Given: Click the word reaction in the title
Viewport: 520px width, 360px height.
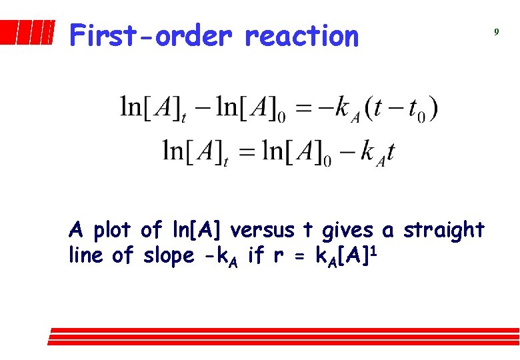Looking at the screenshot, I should pyautogui.click(x=301, y=36).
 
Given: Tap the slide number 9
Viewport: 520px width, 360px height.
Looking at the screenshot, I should pyautogui.click(x=496, y=31).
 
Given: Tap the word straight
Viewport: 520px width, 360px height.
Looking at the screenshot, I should pyautogui.click(x=443, y=230).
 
